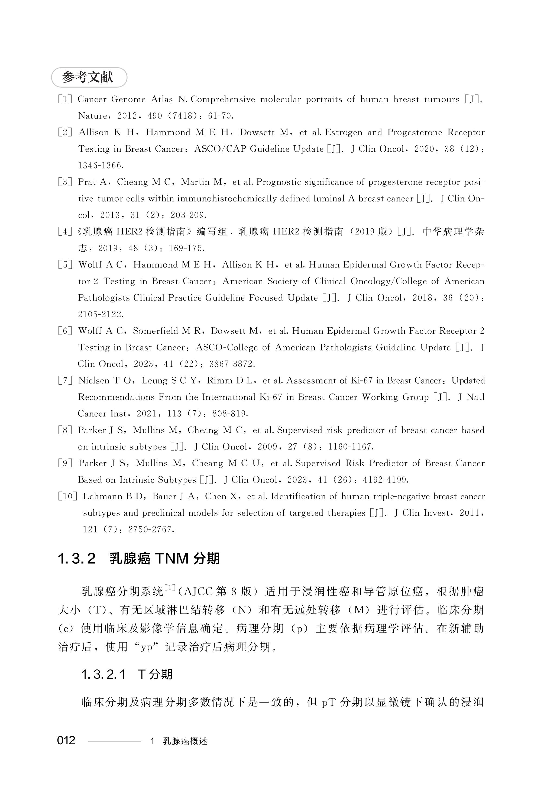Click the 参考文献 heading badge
(89, 77)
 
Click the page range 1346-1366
(100, 166)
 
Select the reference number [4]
(65, 232)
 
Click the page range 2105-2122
(100, 314)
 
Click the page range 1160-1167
(350, 447)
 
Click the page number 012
(66, 740)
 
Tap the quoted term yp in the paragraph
(147, 647)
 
